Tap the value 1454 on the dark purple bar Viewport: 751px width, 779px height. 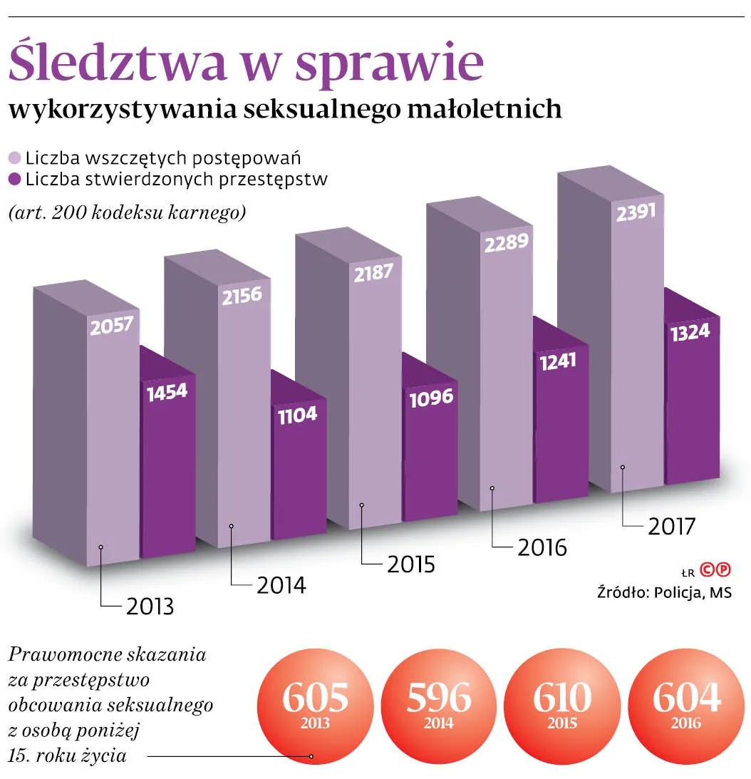167,393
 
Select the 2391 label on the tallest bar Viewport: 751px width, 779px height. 636,213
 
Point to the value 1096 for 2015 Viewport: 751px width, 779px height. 431,398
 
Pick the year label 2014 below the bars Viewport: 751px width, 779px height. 281,585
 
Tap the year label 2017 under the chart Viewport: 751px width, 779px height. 670,527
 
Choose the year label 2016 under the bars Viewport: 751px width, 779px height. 542,547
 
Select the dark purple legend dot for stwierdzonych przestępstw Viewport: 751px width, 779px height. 14,179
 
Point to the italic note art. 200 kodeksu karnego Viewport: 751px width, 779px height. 127,212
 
